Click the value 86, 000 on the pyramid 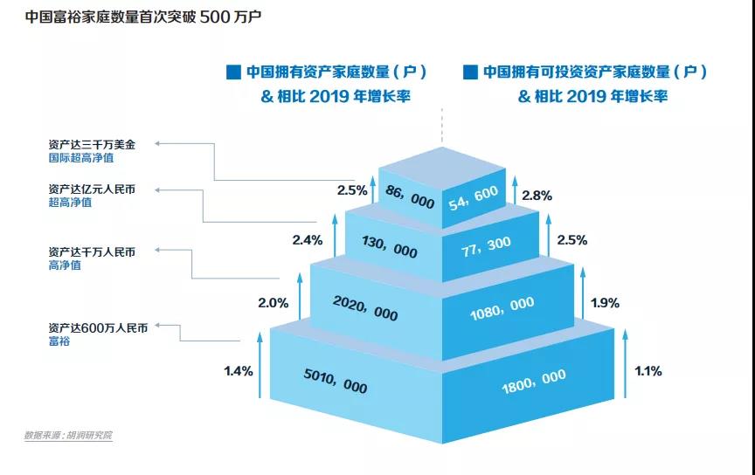point(409,199)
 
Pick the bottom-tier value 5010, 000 point(335,382)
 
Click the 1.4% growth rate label point(238,371)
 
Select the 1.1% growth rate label point(648,371)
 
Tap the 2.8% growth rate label point(537,196)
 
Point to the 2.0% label point(273,304)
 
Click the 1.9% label point(605,304)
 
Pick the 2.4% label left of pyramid point(307,238)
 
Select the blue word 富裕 point(59,341)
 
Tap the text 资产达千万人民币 point(92,251)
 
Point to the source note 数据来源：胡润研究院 point(68,435)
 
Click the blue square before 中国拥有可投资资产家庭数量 point(469,72)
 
